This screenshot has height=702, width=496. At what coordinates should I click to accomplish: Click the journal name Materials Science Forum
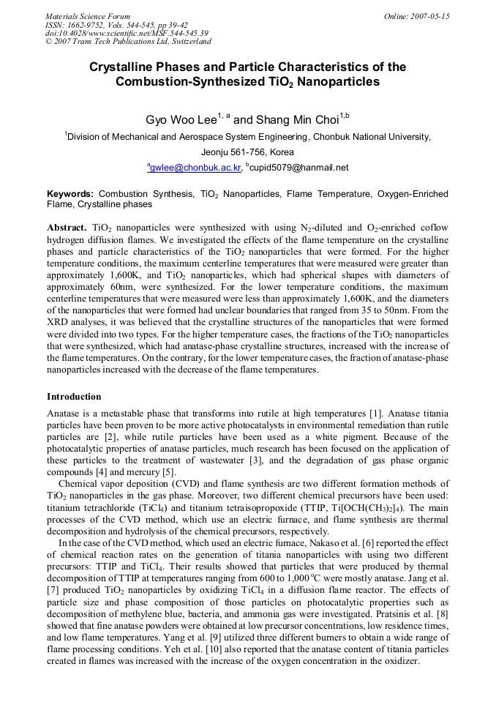click(x=88, y=16)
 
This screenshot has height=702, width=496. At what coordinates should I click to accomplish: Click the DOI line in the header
click(x=127, y=34)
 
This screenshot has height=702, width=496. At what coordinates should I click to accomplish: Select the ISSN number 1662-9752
click(x=89, y=25)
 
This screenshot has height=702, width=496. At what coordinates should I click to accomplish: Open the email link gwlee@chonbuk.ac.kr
click(x=195, y=168)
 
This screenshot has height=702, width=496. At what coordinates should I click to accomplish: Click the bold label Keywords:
click(x=70, y=194)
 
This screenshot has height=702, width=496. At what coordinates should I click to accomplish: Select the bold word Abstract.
click(x=67, y=228)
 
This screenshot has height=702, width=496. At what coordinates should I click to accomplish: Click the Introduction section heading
click(x=74, y=397)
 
